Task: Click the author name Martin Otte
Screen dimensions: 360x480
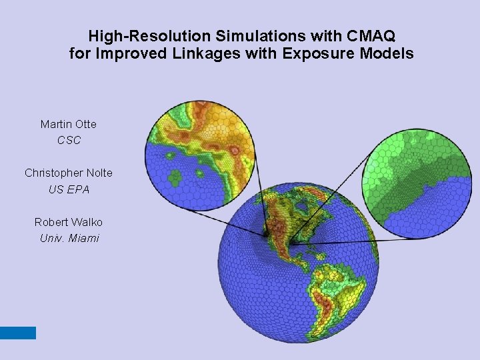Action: [69, 124]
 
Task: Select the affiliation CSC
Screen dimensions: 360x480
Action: [69, 140]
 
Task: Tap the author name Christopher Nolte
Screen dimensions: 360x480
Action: [69, 173]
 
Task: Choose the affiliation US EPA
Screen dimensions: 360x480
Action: [69, 189]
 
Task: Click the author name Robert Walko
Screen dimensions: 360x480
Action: [69, 222]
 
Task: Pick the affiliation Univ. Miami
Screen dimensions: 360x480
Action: [69, 238]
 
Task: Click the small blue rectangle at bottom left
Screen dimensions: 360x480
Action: [18, 333]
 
